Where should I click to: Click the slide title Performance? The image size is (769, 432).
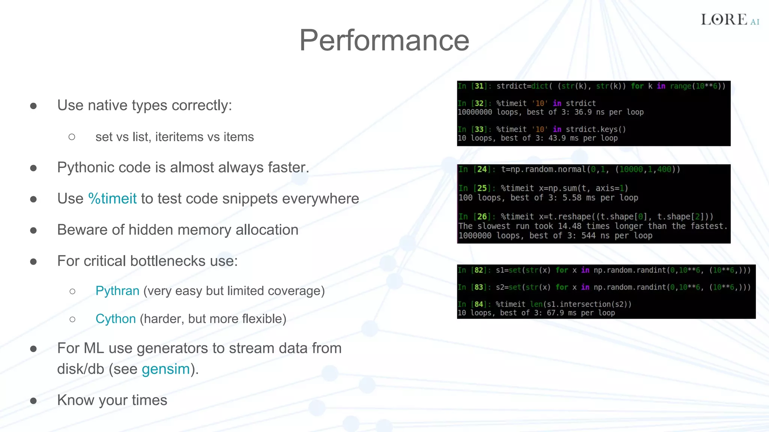tap(384, 40)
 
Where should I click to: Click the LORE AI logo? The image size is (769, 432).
tap(730, 19)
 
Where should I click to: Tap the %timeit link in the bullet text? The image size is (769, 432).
tap(112, 199)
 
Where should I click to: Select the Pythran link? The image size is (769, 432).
tap(117, 291)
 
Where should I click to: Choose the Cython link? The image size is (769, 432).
tap(115, 319)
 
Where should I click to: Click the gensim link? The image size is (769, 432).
tap(166, 369)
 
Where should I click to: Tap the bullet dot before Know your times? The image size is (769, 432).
tap(33, 401)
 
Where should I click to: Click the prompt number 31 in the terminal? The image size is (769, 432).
tap(479, 86)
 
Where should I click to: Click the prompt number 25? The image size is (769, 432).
tap(482, 188)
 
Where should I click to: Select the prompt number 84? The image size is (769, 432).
tap(479, 304)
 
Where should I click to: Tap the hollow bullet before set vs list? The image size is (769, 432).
tap(72, 137)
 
